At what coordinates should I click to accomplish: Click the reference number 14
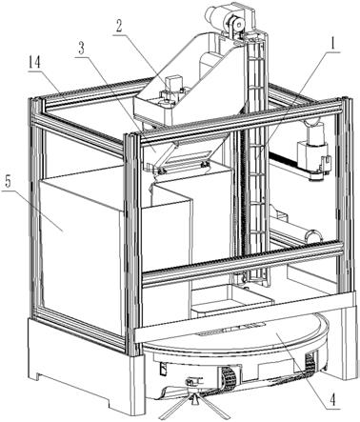click(34, 64)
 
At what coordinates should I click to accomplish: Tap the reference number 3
click(82, 50)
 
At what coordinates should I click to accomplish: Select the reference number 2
click(118, 27)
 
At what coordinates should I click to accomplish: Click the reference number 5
click(9, 182)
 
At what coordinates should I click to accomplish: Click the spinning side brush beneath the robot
click(193, 401)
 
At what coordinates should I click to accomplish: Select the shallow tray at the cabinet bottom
click(231, 297)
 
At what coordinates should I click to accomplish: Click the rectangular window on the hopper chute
click(187, 156)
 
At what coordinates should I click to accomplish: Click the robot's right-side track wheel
click(310, 363)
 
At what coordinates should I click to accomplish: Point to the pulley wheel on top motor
click(235, 24)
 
